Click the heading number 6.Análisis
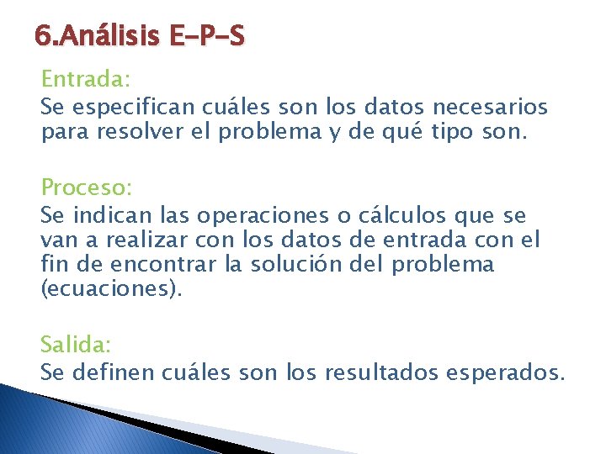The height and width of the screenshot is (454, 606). tap(99, 37)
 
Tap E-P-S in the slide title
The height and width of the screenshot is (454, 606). tap(207, 37)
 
